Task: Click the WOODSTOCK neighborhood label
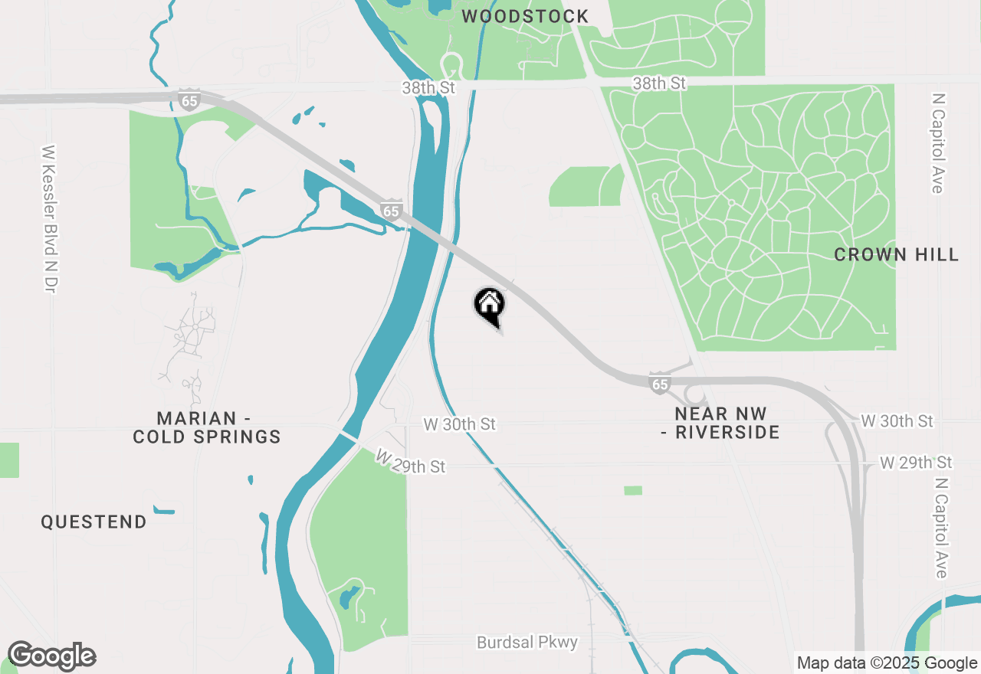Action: [x=525, y=16]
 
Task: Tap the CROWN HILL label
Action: [x=896, y=254]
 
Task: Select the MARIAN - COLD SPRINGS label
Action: [x=207, y=427]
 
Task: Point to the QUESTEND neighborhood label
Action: [x=94, y=522]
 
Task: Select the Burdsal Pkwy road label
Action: [x=527, y=642]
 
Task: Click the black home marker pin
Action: [x=490, y=304]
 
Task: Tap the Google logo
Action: [x=51, y=656]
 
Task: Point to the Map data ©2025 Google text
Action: [x=887, y=663]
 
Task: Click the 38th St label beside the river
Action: [x=428, y=87]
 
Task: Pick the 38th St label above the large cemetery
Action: [x=659, y=83]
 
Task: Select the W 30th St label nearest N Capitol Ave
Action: [x=897, y=421]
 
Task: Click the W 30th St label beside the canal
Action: [x=460, y=424]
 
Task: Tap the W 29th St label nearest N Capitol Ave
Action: [x=916, y=463]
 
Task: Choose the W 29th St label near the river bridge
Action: [x=410, y=463]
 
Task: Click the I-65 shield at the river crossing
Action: [x=392, y=211]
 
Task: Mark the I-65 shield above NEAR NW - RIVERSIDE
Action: [x=660, y=384]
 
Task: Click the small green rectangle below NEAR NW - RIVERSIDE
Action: [x=633, y=490]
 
